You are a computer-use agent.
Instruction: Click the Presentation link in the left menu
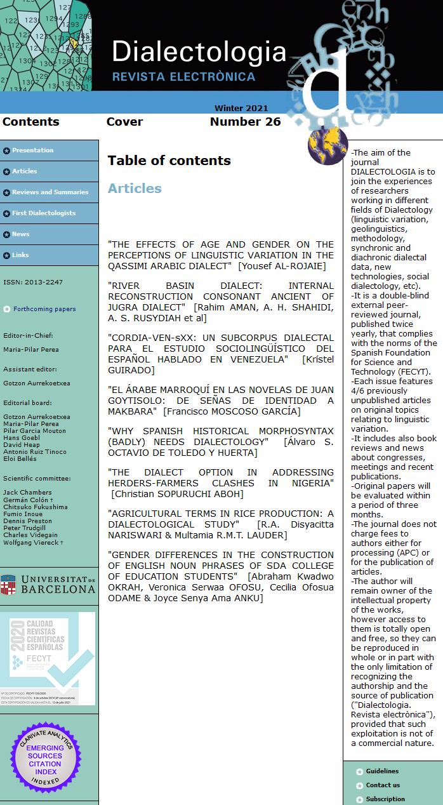tap(32, 150)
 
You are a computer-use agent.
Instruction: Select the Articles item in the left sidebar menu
tap(25, 171)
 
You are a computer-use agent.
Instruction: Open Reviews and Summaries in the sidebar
tap(50, 192)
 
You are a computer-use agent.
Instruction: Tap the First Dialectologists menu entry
tap(44, 213)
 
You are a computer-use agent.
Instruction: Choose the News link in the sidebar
tap(21, 234)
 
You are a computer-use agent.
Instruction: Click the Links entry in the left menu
tap(21, 255)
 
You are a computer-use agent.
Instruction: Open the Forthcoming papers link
tap(44, 309)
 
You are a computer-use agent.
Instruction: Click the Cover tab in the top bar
tap(124, 122)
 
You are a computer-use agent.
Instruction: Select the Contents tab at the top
tap(30, 122)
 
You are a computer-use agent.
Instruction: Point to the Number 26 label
tap(245, 122)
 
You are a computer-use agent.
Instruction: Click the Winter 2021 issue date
tap(241, 109)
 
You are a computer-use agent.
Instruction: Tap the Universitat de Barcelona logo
tap(48, 584)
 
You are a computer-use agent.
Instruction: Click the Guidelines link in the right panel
tap(382, 771)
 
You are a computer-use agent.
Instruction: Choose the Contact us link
tap(383, 785)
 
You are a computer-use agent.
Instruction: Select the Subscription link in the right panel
tap(385, 799)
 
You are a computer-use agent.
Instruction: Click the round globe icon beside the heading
tap(328, 145)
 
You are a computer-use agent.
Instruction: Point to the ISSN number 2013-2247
tap(33, 282)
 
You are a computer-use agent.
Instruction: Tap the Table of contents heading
tap(169, 161)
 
